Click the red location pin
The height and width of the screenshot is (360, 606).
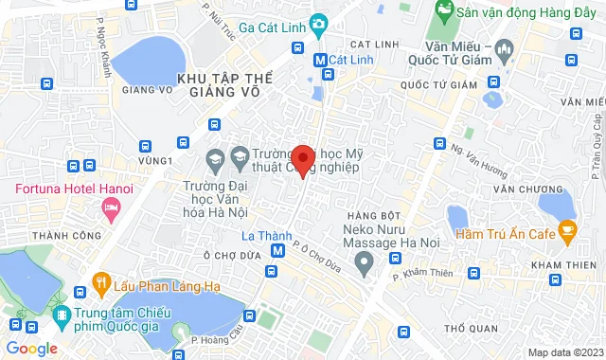(x=302, y=159)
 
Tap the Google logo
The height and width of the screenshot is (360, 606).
(x=32, y=349)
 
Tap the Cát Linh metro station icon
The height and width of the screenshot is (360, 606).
(x=320, y=60)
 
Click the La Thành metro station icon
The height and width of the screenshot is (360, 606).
(x=277, y=251)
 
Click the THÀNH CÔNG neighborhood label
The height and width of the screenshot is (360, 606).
(x=59, y=235)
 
